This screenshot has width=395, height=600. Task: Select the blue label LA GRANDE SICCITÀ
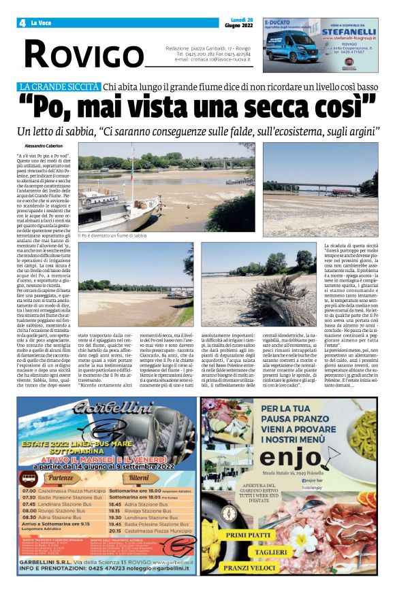(60, 86)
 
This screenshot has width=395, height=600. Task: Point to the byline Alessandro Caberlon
(43, 146)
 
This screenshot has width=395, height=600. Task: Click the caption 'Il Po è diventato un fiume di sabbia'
(113, 235)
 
